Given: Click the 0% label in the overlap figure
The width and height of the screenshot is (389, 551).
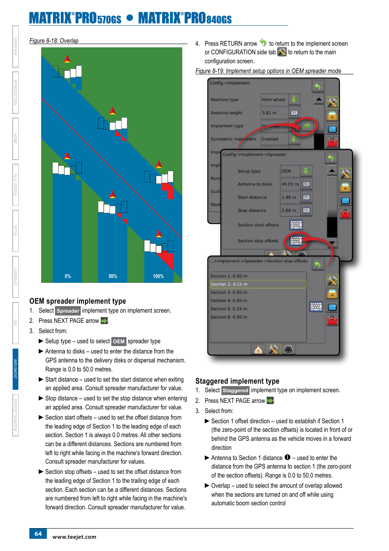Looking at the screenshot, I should (68, 276).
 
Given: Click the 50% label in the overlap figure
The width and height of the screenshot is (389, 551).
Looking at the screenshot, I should (113, 276).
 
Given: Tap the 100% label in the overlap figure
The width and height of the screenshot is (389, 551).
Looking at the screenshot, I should (158, 276).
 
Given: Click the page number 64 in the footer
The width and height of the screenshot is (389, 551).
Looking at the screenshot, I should (38, 533).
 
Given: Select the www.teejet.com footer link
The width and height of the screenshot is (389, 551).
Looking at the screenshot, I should (74, 537).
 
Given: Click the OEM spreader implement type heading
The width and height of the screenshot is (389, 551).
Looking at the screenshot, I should (77, 301).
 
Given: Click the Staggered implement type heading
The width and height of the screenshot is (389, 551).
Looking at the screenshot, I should (237, 381).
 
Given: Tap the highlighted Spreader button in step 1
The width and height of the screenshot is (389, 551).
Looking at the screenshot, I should (68, 311).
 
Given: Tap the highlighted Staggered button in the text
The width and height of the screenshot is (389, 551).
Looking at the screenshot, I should (235, 391).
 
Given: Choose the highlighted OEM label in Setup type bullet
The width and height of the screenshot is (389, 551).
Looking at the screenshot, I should (119, 341).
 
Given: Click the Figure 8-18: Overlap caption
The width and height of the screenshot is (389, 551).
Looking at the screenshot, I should (54, 41).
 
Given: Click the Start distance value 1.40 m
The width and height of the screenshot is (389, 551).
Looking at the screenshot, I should (290, 197).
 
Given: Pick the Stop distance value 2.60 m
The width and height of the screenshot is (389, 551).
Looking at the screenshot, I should (290, 210).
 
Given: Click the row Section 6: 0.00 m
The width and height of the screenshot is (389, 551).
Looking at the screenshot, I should (229, 317).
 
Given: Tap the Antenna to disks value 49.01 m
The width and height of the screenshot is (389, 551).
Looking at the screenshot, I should (290, 184).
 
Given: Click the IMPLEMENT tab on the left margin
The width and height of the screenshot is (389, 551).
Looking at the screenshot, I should (15, 369).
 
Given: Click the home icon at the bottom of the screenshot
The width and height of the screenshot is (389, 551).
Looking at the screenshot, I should (258, 350).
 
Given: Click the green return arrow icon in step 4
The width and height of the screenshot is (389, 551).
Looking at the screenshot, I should (263, 42).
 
